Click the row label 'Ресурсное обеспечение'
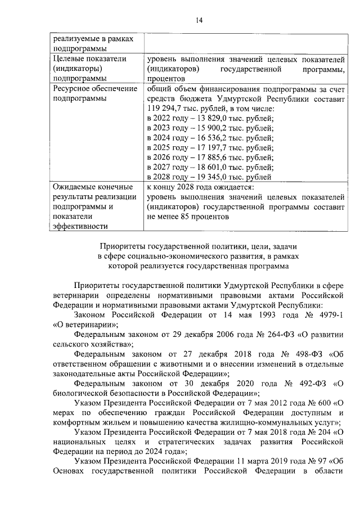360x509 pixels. [94, 88]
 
